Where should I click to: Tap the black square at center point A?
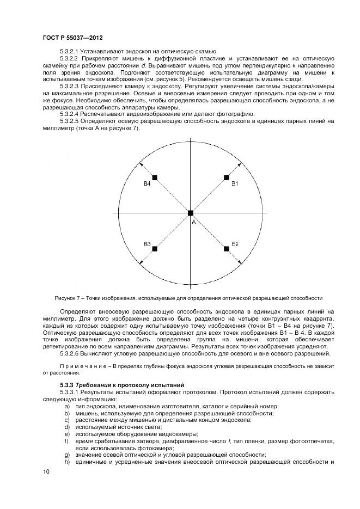click(191, 213)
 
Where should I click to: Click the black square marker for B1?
click(226, 177)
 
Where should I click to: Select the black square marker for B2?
click(226, 249)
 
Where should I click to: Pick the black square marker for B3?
click(155, 249)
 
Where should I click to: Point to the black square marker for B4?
click(155, 177)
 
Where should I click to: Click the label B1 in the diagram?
click(235, 185)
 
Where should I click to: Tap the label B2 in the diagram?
click(235, 243)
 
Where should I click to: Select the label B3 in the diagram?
click(147, 243)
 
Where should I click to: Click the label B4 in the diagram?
click(147, 185)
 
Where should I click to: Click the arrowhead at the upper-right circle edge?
click(241, 162)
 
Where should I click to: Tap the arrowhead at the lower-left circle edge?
click(140, 264)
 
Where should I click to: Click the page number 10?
click(46, 472)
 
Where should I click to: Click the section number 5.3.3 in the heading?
click(68, 385)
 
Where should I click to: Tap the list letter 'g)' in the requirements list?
click(67, 455)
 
